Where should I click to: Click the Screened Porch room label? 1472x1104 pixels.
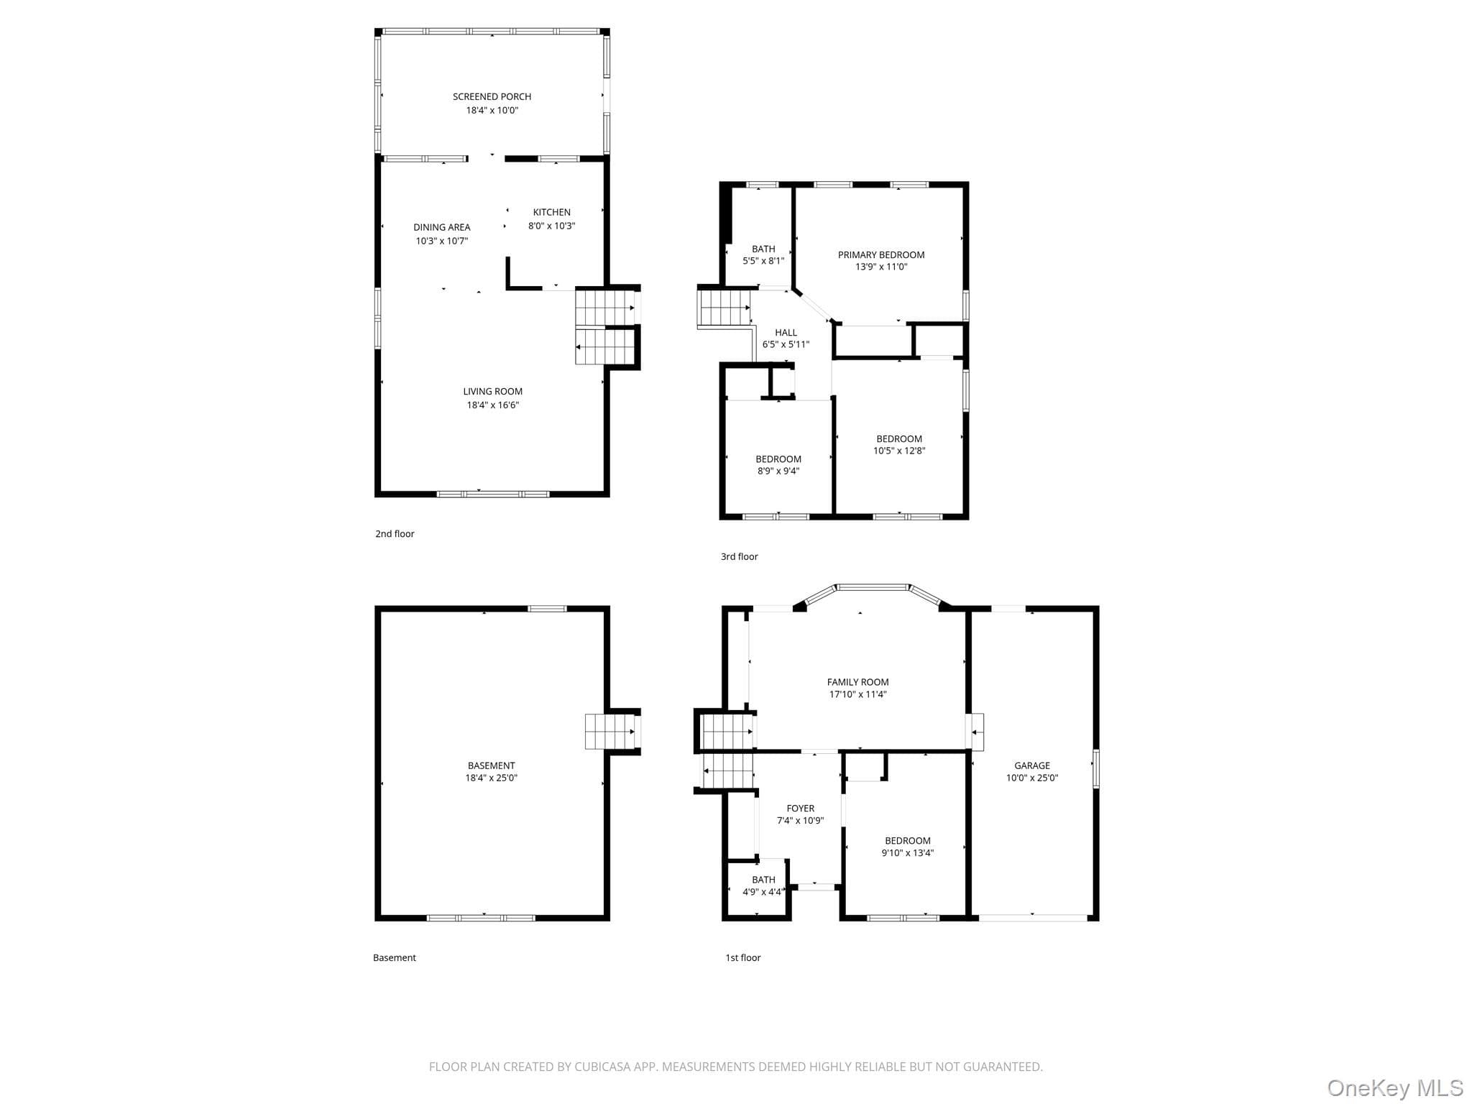(x=492, y=96)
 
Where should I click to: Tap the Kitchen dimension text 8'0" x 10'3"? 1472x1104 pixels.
(x=552, y=226)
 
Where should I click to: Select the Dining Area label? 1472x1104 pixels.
(x=441, y=227)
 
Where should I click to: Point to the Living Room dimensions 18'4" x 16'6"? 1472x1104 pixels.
(x=492, y=405)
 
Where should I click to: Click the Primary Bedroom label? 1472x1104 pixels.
(x=881, y=254)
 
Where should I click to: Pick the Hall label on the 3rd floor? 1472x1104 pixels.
(x=786, y=332)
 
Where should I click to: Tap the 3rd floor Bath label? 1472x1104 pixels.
(x=763, y=249)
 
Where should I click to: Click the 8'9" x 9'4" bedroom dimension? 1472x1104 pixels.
(x=778, y=471)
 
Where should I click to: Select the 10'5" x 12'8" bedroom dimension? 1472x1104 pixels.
(x=899, y=451)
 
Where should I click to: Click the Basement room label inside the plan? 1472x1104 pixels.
(x=491, y=765)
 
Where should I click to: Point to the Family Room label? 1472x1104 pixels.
(x=857, y=682)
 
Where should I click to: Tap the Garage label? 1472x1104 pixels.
(x=1032, y=765)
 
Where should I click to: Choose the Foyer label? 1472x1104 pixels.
(x=800, y=808)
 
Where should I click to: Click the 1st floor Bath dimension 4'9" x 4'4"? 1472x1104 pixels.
(x=763, y=892)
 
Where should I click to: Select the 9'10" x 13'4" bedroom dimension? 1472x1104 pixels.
(x=908, y=852)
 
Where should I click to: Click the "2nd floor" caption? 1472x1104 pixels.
(x=395, y=533)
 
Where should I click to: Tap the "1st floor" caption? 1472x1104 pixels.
(x=742, y=957)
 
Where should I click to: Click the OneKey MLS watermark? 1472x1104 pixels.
(x=1395, y=1088)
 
